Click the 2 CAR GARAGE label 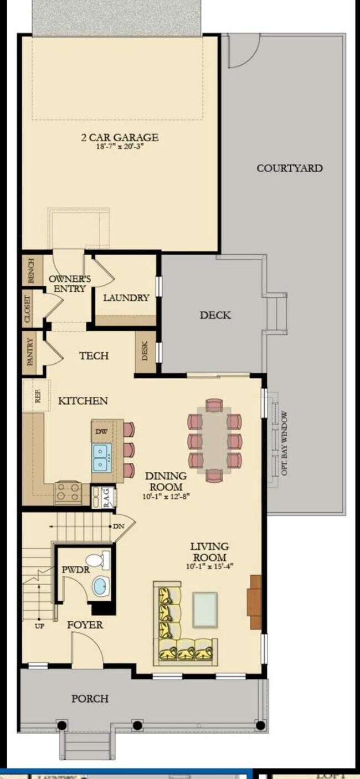pos(119,137)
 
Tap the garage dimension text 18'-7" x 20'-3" pos(119,148)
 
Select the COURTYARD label pos(289,168)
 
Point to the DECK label pos(215,315)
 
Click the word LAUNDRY pos(126,298)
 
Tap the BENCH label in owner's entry pos(30,270)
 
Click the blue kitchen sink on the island pos(101,457)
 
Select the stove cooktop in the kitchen pos(68,493)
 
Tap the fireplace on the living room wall pos(255,602)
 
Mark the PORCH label pos(90,699)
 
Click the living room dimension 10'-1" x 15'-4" pos(209,566)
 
